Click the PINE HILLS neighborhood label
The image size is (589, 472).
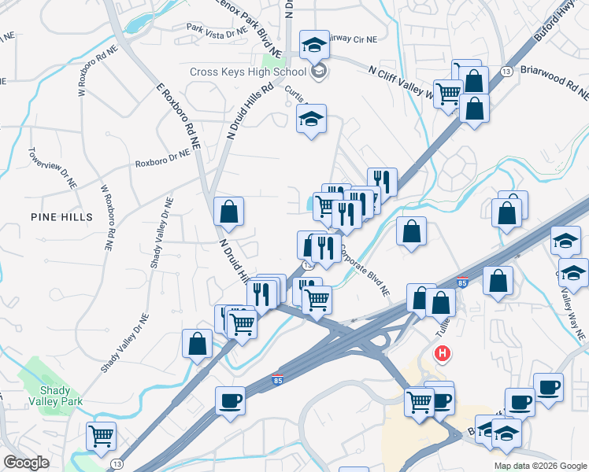[61, 216]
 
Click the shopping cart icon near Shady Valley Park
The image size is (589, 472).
[101, 435]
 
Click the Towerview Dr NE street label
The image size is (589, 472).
[52, 168]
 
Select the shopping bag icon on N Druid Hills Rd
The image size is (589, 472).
[228, 211]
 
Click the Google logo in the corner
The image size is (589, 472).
[26, 463]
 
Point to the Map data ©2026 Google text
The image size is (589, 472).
[540, 466]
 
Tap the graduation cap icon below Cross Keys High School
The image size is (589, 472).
[311, 120]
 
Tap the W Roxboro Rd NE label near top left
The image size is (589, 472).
[88, 75]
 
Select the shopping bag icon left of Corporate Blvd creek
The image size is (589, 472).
[411, 231]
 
